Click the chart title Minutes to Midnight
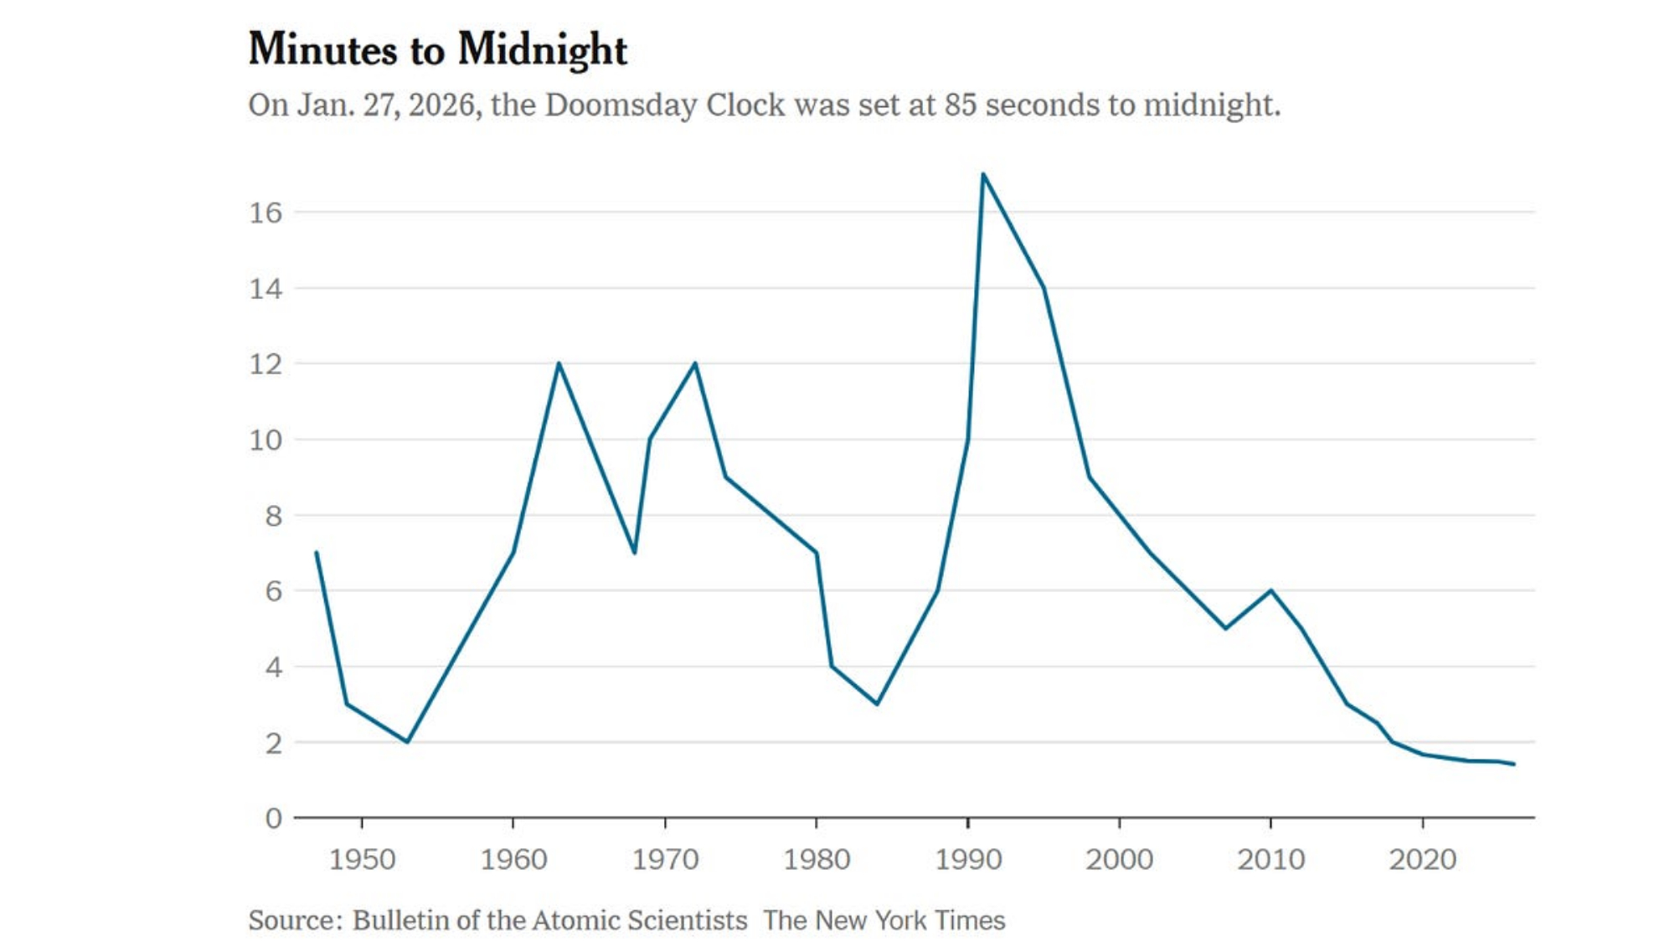[x=437, y=49]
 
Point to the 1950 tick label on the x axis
[x=362, y=859]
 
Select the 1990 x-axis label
[x=968, y=859]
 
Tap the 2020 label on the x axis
[x=1422, y=859]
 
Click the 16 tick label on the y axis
[x=265, y=213]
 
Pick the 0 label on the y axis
[x=273, y=818]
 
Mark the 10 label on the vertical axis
[x=265, y=440]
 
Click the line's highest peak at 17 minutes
[x=983, y=174]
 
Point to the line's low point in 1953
[x=408, y=742]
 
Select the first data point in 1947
[x=317, y=553]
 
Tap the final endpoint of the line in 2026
[x=1513, y=764]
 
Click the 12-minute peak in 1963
[x=559, y=363]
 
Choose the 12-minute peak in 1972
[x=695, y=363]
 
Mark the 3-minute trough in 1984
[x=877, y=704]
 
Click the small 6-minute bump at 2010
[x=1271, y=590]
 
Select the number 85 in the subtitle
[x=961, y=106]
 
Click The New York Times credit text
[x=884, y=920]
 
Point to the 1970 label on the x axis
[x=665, y=859]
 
